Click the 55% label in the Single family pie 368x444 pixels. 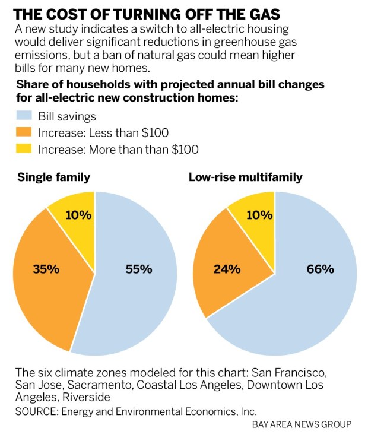[138, 269]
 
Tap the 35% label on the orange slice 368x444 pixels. [45, 269]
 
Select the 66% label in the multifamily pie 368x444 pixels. [320, 269]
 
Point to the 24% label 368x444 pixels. [226, 269]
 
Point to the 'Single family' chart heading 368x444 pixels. [53, 177]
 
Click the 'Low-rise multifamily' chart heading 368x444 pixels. [246, 177]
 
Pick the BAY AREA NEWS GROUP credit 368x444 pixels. [302, 424]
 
